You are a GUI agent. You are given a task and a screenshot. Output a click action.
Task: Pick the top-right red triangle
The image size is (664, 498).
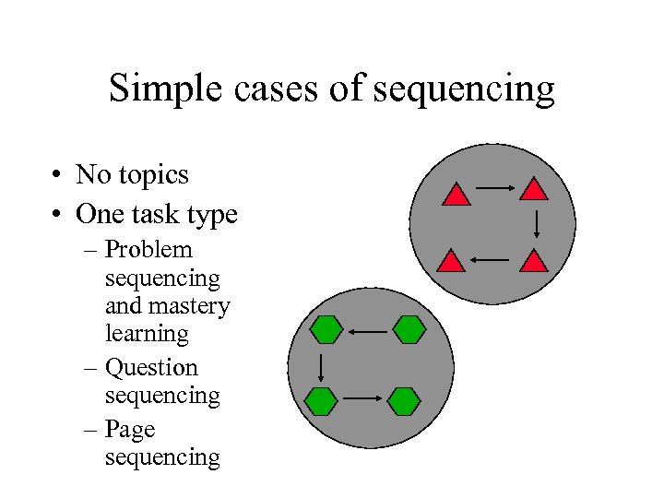click(534, 190)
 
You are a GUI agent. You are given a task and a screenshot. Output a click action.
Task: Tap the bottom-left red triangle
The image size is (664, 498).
click(451, 261)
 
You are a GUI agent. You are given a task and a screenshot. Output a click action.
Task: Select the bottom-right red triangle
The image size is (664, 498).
click(534, 261)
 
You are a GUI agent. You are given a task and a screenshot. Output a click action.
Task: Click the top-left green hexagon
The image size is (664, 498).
click(326, 329)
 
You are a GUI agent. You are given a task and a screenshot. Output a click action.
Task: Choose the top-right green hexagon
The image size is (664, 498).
click(408, 329)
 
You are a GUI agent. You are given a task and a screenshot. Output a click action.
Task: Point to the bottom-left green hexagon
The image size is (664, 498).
click(321, 400)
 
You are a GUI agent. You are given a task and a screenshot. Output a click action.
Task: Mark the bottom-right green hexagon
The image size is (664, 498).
click(404, 400)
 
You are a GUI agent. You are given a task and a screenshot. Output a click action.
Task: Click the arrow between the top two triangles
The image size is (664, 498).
click(494, 190)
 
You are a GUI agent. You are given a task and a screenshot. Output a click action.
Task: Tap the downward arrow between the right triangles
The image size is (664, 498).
click(538, 224)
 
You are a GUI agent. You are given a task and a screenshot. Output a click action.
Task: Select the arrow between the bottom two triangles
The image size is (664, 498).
click(490, 261)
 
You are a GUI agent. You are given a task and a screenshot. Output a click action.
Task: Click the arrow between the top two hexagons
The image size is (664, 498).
click(368, 330)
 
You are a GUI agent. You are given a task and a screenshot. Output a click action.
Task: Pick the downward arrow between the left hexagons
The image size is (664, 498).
click(319, 365)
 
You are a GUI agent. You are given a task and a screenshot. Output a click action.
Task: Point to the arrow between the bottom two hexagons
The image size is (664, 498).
click(362, 398)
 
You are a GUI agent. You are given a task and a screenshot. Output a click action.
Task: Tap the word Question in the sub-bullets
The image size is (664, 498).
click(151, 368)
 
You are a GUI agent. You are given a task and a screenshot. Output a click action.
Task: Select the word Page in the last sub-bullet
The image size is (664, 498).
click(130, 430)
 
